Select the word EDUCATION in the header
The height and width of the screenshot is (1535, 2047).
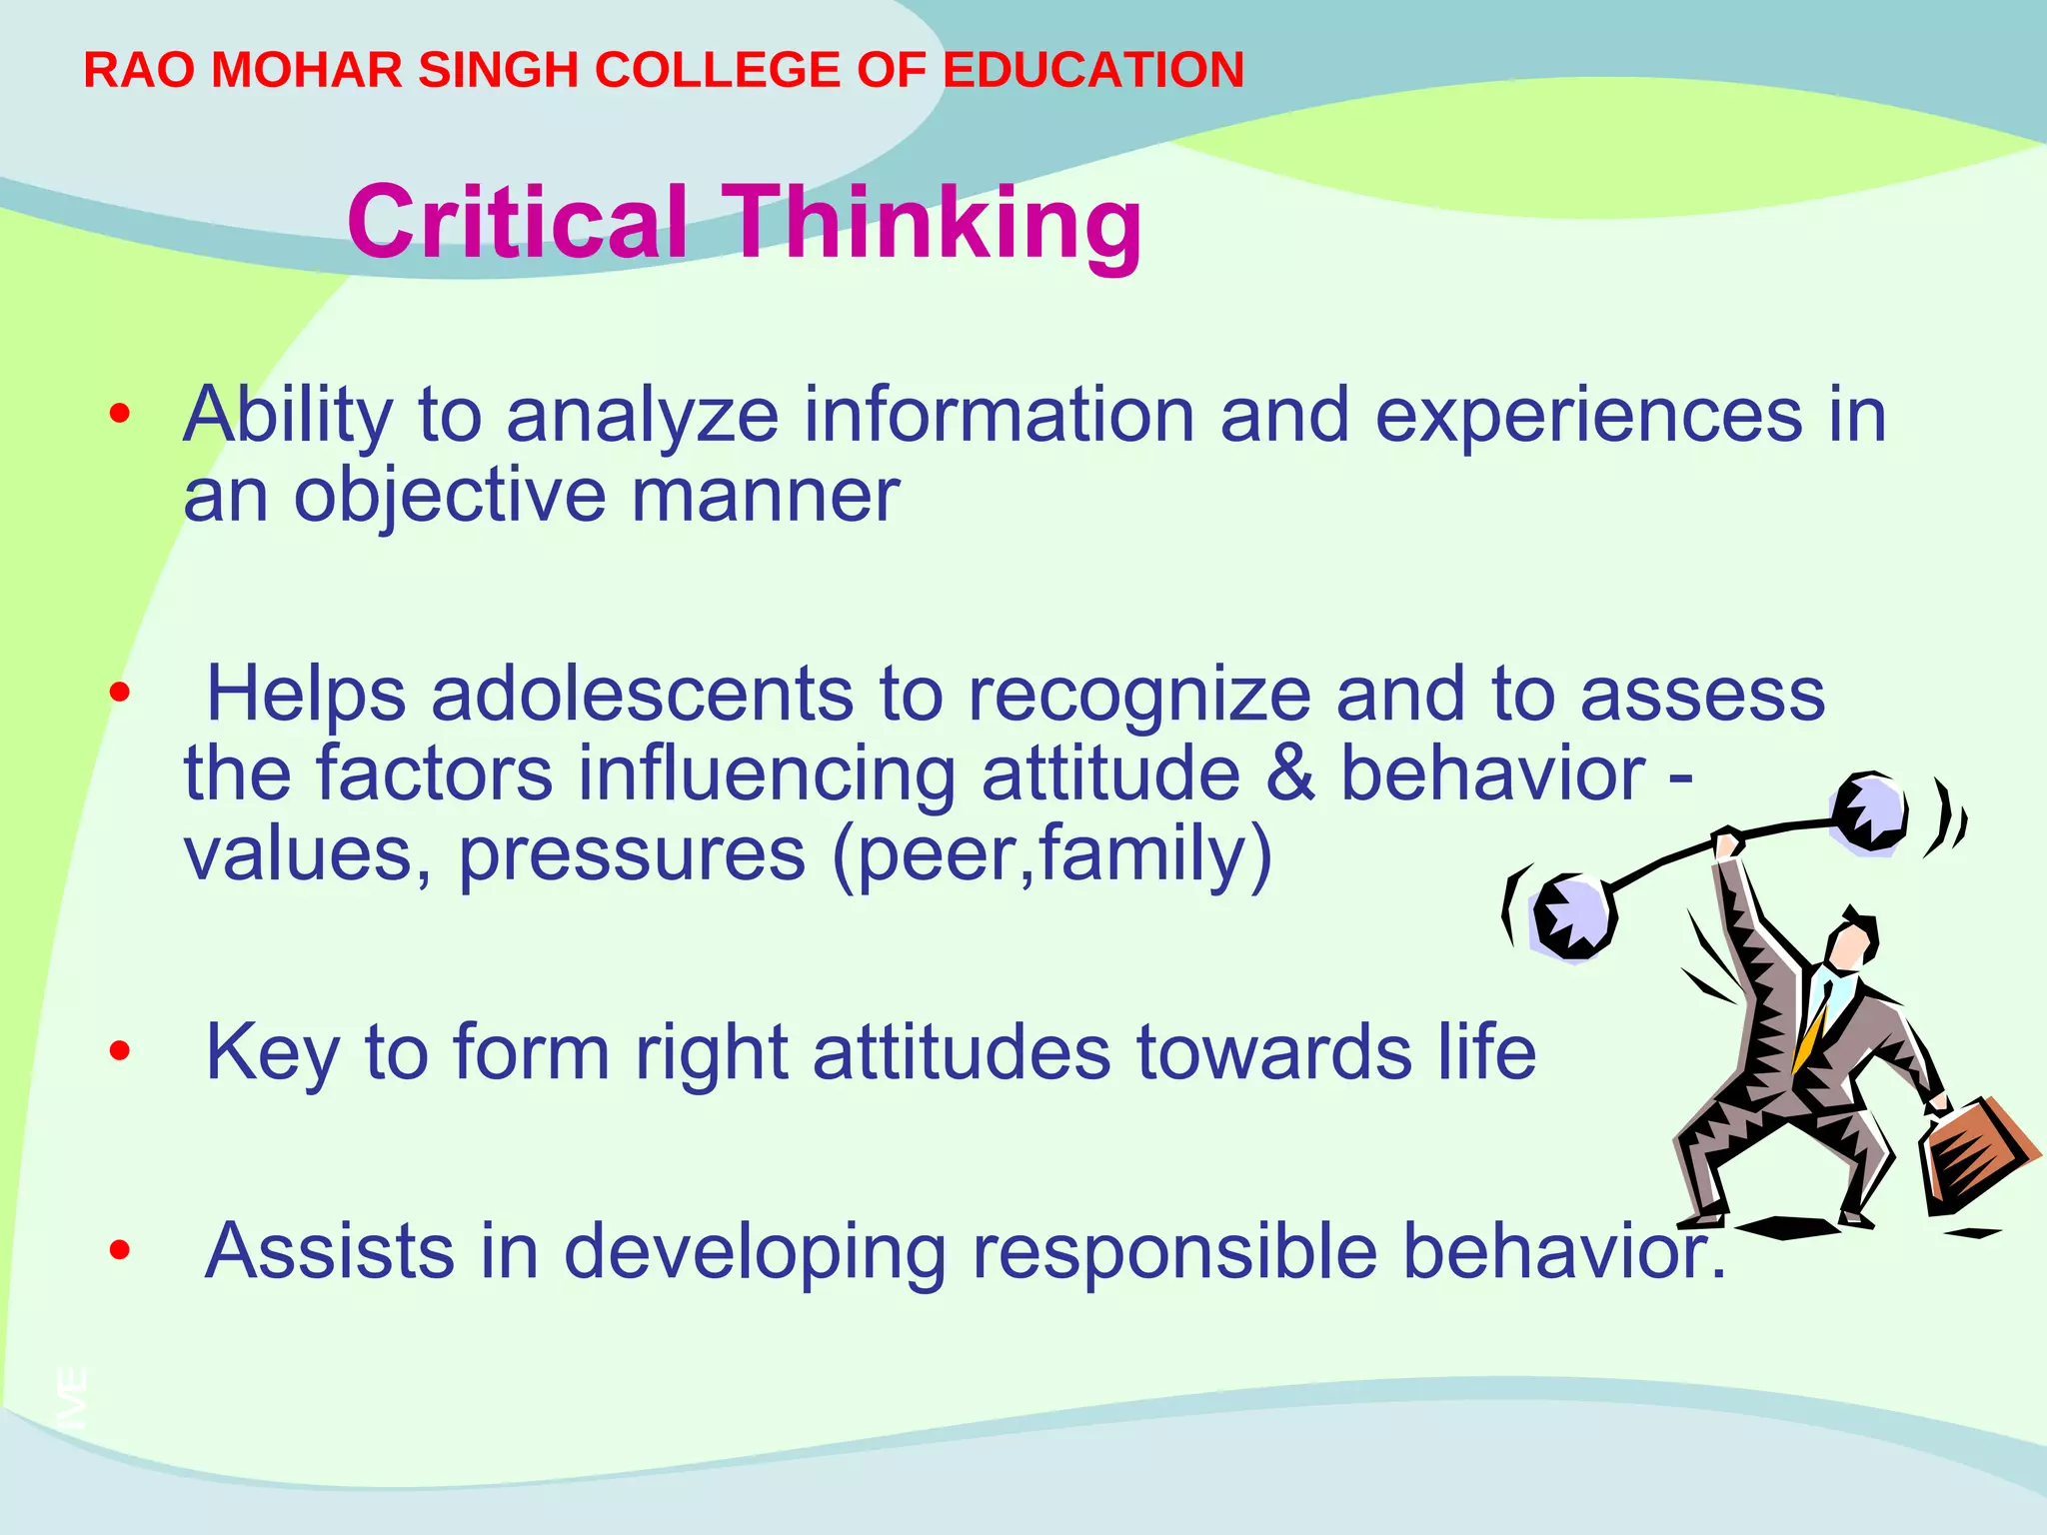(1093, 70)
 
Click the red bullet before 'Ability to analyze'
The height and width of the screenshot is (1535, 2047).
(120, 413)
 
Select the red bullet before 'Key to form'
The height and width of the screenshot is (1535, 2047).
(120, 1050)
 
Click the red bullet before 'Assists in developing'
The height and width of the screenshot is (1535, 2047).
(120, 1249)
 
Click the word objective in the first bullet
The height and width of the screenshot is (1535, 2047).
(449, 495)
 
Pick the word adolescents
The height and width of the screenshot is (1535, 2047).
(642, 694)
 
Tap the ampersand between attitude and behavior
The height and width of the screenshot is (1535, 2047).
(1290, 773)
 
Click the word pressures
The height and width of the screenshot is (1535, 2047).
(632, 853)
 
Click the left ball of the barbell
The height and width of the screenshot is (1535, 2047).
(1572, 916)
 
